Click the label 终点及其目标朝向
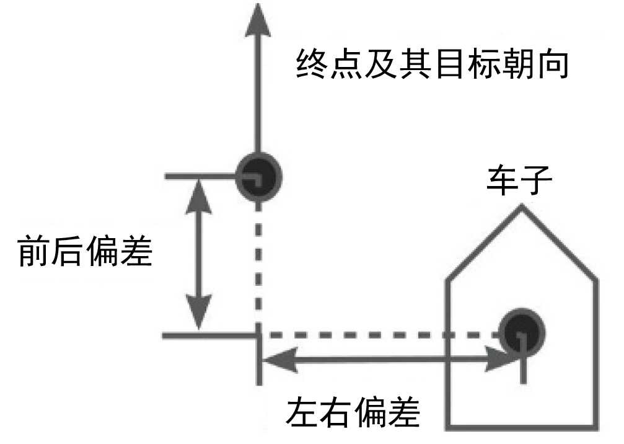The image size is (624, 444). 432,64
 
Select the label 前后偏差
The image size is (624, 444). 85,251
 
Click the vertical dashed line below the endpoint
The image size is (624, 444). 259,267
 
